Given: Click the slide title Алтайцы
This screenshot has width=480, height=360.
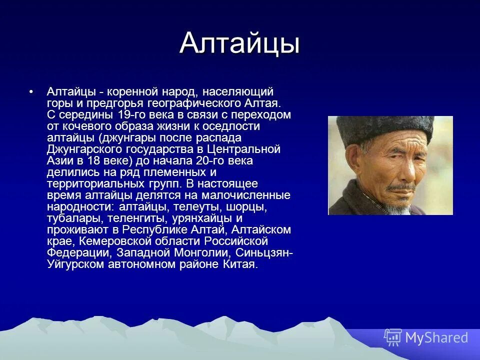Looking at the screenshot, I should (x=239, y=43).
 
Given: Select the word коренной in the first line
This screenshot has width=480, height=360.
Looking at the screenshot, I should (x=133, y=92).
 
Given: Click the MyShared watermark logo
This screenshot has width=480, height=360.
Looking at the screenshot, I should (x=426, y=337).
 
